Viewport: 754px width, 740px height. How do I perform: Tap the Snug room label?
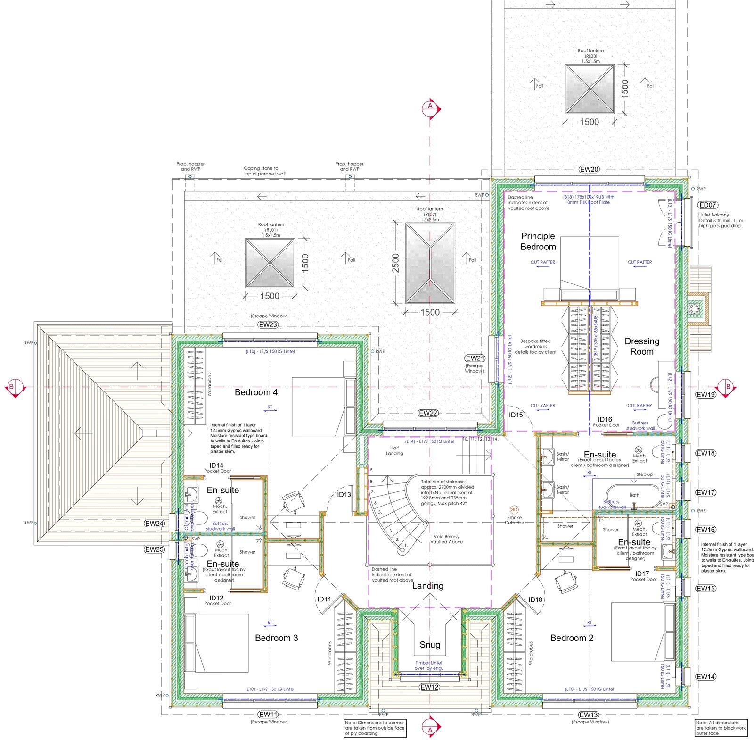430,644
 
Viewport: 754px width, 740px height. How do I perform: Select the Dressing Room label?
642,346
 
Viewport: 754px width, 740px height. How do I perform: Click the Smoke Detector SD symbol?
514,510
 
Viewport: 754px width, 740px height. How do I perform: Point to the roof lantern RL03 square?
589,89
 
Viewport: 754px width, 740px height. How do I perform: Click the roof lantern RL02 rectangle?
430,263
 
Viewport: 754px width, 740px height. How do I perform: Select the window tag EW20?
589,169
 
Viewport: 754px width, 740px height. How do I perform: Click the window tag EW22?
428,413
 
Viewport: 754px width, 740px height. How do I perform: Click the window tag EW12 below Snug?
430,687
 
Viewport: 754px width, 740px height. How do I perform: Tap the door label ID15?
516,415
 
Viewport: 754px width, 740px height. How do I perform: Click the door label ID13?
344,495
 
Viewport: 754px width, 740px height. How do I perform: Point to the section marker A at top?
430,107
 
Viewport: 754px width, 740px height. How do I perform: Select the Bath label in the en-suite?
635,495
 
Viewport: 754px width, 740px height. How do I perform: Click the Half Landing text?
394,450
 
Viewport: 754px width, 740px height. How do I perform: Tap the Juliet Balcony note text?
721,220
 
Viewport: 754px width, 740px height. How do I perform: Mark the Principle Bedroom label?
538,241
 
